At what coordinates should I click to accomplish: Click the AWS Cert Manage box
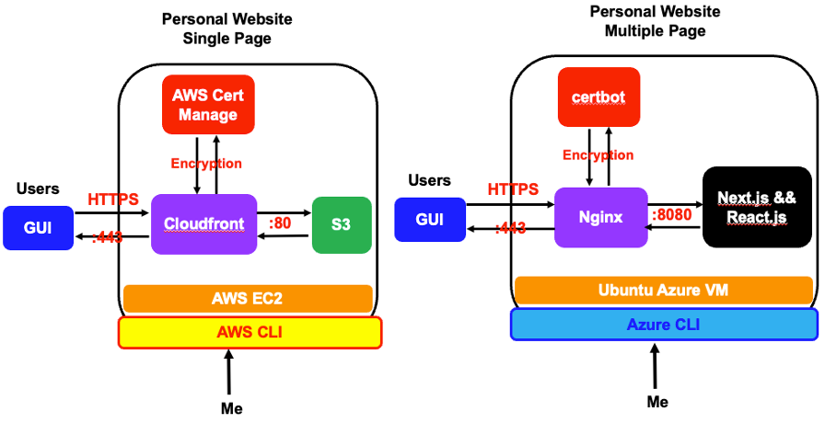point(207,105)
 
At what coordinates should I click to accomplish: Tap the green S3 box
point(341,224)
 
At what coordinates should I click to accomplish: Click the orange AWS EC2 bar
point(247,298)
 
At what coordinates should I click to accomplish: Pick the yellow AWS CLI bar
point(250,332)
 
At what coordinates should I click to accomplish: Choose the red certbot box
point(598,97)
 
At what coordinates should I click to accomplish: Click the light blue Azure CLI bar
point(664,325)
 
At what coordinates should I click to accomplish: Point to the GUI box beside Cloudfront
point(38,229)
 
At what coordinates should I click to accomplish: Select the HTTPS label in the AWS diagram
point(114,199)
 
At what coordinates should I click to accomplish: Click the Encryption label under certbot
point(598,155)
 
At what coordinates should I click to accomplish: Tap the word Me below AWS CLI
point(232,408)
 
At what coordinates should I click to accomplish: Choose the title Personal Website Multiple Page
point(655,21)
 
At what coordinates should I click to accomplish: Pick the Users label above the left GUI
point(38,189)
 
